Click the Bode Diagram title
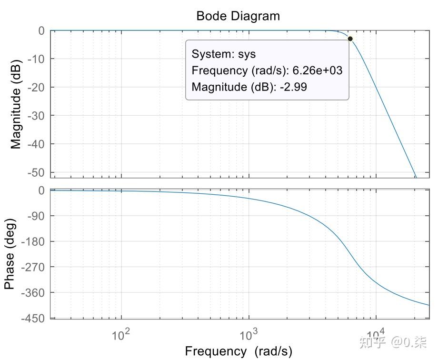click(238, 16)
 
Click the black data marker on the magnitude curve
click(350, 39)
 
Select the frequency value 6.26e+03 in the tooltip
click(318, 70)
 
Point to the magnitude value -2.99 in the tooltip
click(293, 87)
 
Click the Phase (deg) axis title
click(9, 254)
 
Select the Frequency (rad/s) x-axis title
click(239, 351)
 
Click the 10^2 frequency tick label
click(121, 335)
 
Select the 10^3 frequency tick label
click(248, 335)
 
